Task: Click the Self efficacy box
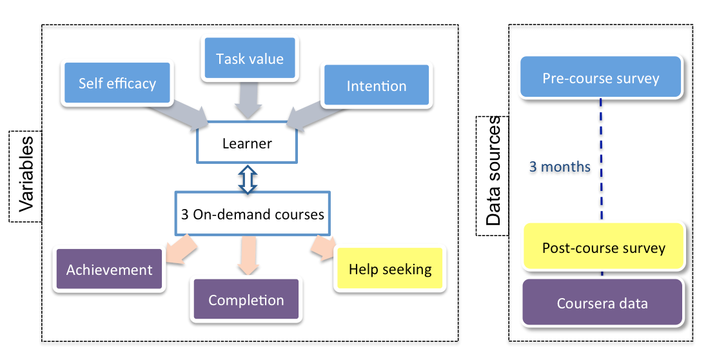[117, 83]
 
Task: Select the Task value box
[250, 59]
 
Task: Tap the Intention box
[377, 86]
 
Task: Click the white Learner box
[247, 143]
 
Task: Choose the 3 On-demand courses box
[252, 214]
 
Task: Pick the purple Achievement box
[109, 269]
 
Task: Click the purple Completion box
[246, 300]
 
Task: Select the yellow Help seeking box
[390, 268]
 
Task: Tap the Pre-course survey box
[600, 78]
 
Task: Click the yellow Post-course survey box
[604, 248]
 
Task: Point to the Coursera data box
[603, 303]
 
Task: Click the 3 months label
[560, 166]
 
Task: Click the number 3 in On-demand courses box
[185, 214]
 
